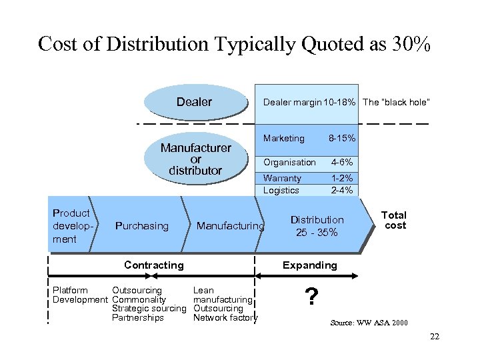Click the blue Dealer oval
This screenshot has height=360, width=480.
[194, 102]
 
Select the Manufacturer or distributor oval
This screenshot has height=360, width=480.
[195, 159]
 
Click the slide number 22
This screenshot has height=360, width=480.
[435, 336]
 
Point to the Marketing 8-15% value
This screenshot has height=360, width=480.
[341, 139]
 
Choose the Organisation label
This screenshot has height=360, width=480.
[289, 162]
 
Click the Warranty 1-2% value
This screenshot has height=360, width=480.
[342, 178]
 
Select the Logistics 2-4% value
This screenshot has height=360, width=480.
[342, 190]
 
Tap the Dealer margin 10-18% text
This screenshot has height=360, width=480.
[309, 102]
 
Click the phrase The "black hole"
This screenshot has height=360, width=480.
[396, 102]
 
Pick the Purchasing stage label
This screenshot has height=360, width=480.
[142, 226]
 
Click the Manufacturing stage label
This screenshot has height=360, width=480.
[230, 226]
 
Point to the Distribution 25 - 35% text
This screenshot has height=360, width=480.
[317, 226]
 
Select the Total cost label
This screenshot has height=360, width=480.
[393, 220]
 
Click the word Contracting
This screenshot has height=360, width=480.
[154, 265]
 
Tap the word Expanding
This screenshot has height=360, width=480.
[309, 265]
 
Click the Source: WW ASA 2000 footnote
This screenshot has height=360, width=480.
[369, 323]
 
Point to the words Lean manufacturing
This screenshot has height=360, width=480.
[222, 295]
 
